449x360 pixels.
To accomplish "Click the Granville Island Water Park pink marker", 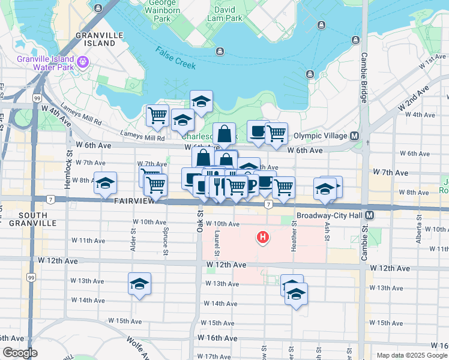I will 83,61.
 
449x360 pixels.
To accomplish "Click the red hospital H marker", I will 262,238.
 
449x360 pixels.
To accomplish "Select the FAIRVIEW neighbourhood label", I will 134,202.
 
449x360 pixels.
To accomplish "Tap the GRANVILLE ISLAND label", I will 96,40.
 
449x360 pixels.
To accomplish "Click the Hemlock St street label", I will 70,174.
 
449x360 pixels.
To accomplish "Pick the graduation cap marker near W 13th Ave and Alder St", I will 139,284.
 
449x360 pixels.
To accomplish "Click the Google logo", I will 20,353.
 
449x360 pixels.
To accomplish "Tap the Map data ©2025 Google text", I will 411,355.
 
